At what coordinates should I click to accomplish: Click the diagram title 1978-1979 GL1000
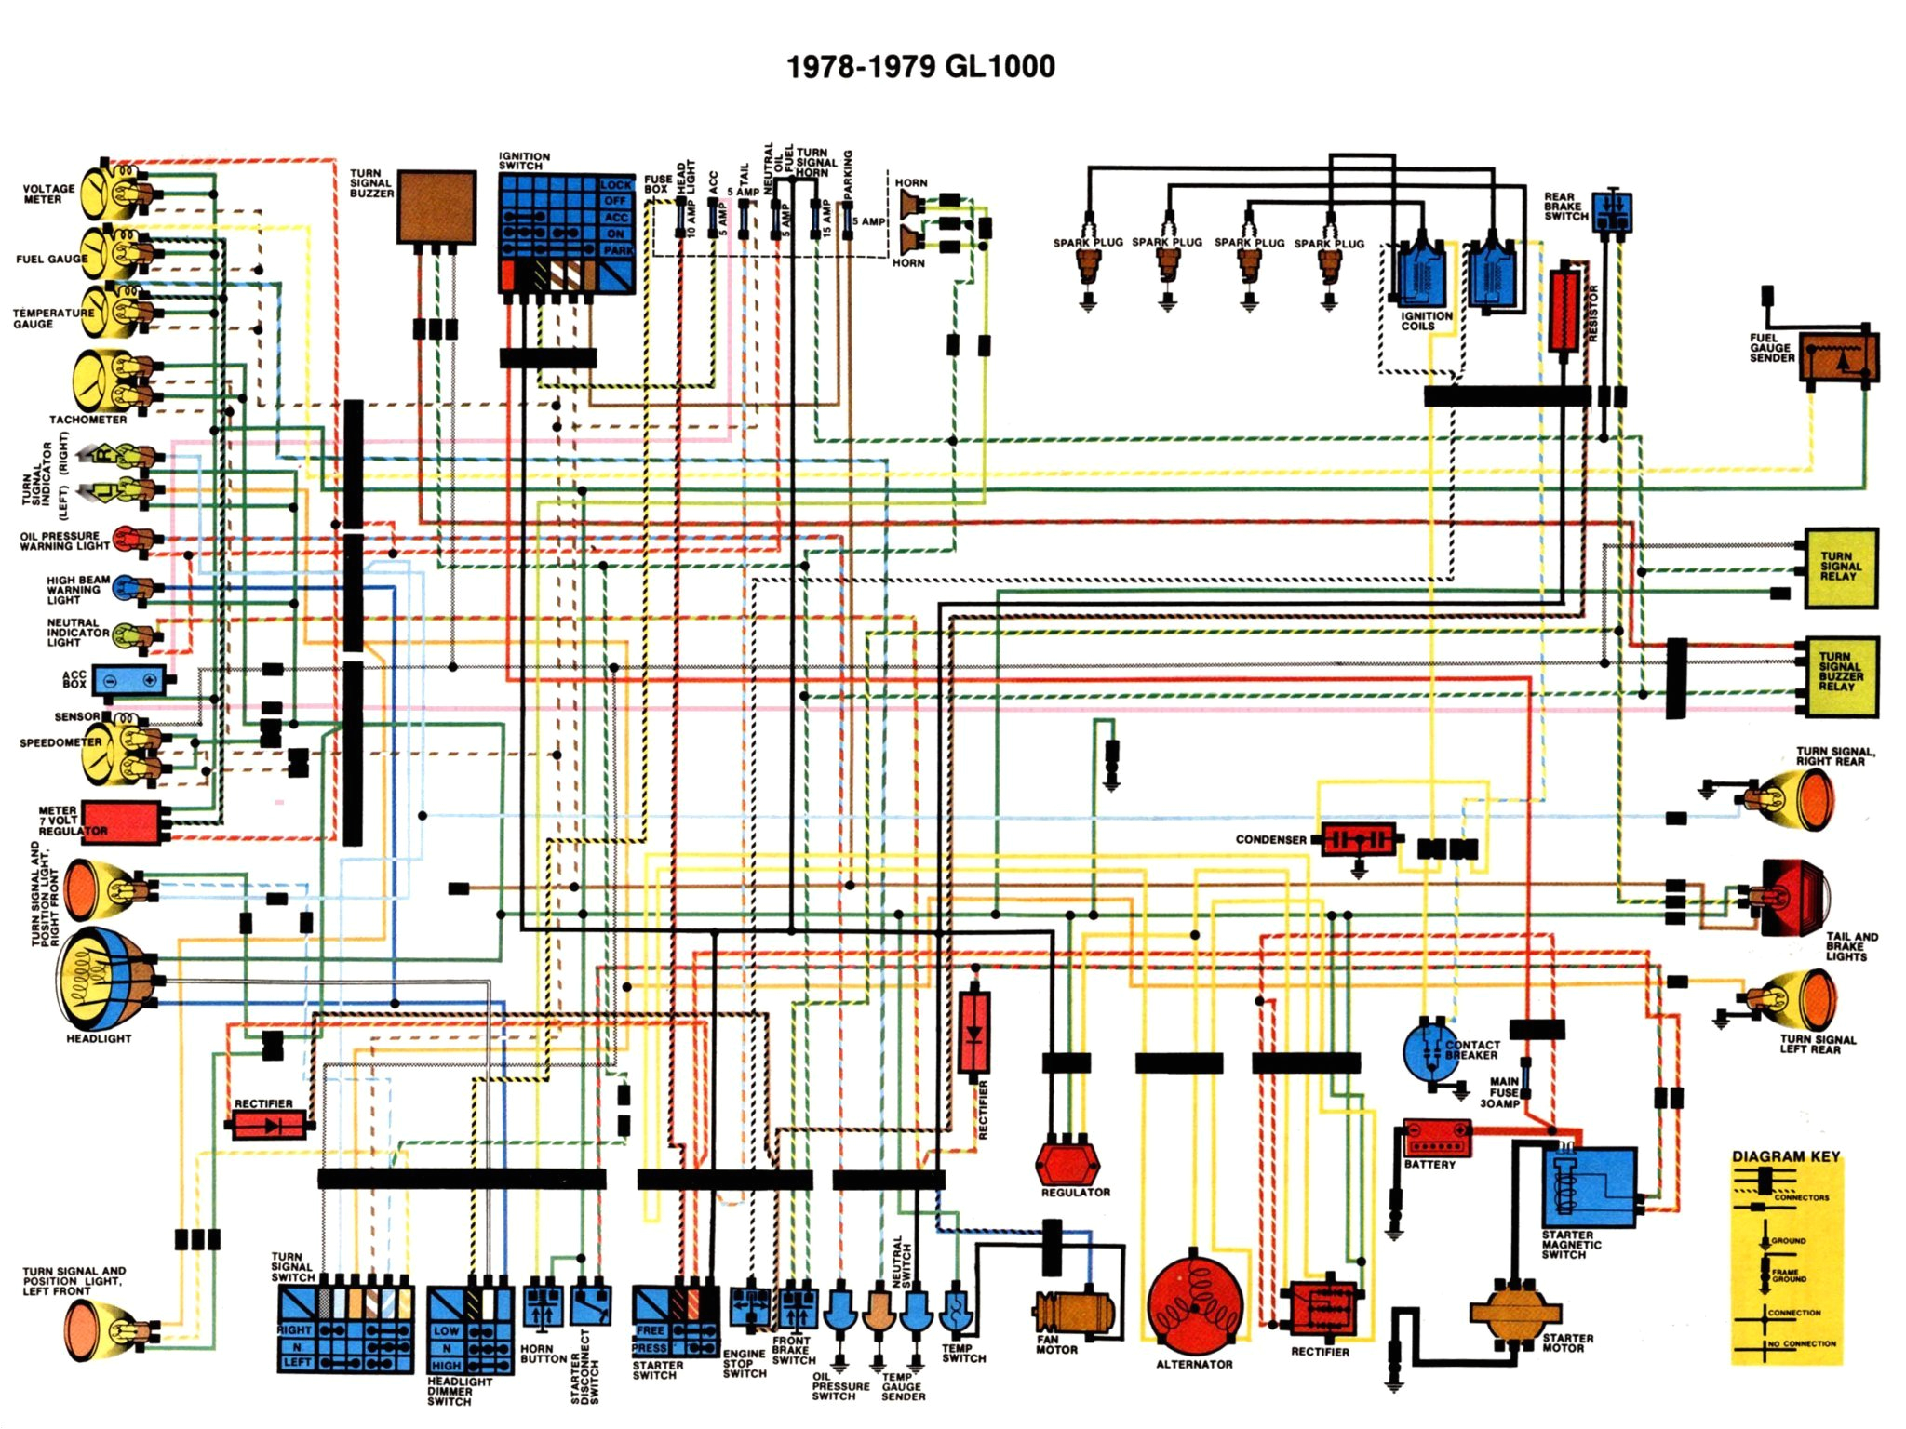tap(920, 67)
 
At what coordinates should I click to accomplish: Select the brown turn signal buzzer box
tap(436, 207)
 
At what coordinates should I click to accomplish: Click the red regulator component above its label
tap(1067, 1161)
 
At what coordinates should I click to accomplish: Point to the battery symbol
tap(1436, 1138)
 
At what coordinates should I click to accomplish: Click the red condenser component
tap(1357, 839)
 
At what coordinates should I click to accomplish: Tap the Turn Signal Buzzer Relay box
tap(1839, 676)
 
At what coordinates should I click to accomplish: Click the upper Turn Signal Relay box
tap(1840, 568)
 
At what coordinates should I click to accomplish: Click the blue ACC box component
tap(128, 680)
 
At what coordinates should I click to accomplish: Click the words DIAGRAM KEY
tap(1785, 1156)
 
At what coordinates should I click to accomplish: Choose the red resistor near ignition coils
tap(1564, 311)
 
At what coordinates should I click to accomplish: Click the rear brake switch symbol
tap(1611, 212)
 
